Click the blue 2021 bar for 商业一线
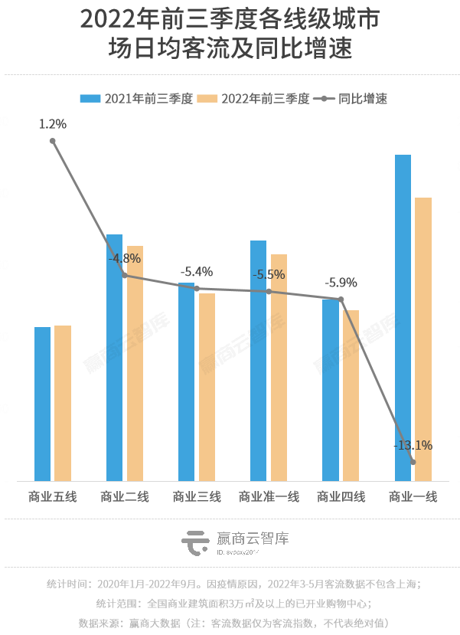coord(403,318)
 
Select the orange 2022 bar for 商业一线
coord(423,339)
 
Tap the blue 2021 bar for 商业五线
coord(43,404)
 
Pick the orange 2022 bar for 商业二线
coord(135,363)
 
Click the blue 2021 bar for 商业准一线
coord(259,361)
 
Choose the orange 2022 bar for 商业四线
coord(351,395)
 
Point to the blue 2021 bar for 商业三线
coord(187,381)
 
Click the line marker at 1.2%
coord(53,141)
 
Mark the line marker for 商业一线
coord(413,462)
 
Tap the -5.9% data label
coord(341,283)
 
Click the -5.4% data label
coord(196,271)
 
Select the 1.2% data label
coord(53,123)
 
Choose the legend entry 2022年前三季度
coord(253,99)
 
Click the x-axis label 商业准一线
coord(269,497)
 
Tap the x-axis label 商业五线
coord(52,497)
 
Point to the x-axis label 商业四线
coord(341,497)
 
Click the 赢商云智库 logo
coord(235,542)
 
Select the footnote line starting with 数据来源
coord(230,622)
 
